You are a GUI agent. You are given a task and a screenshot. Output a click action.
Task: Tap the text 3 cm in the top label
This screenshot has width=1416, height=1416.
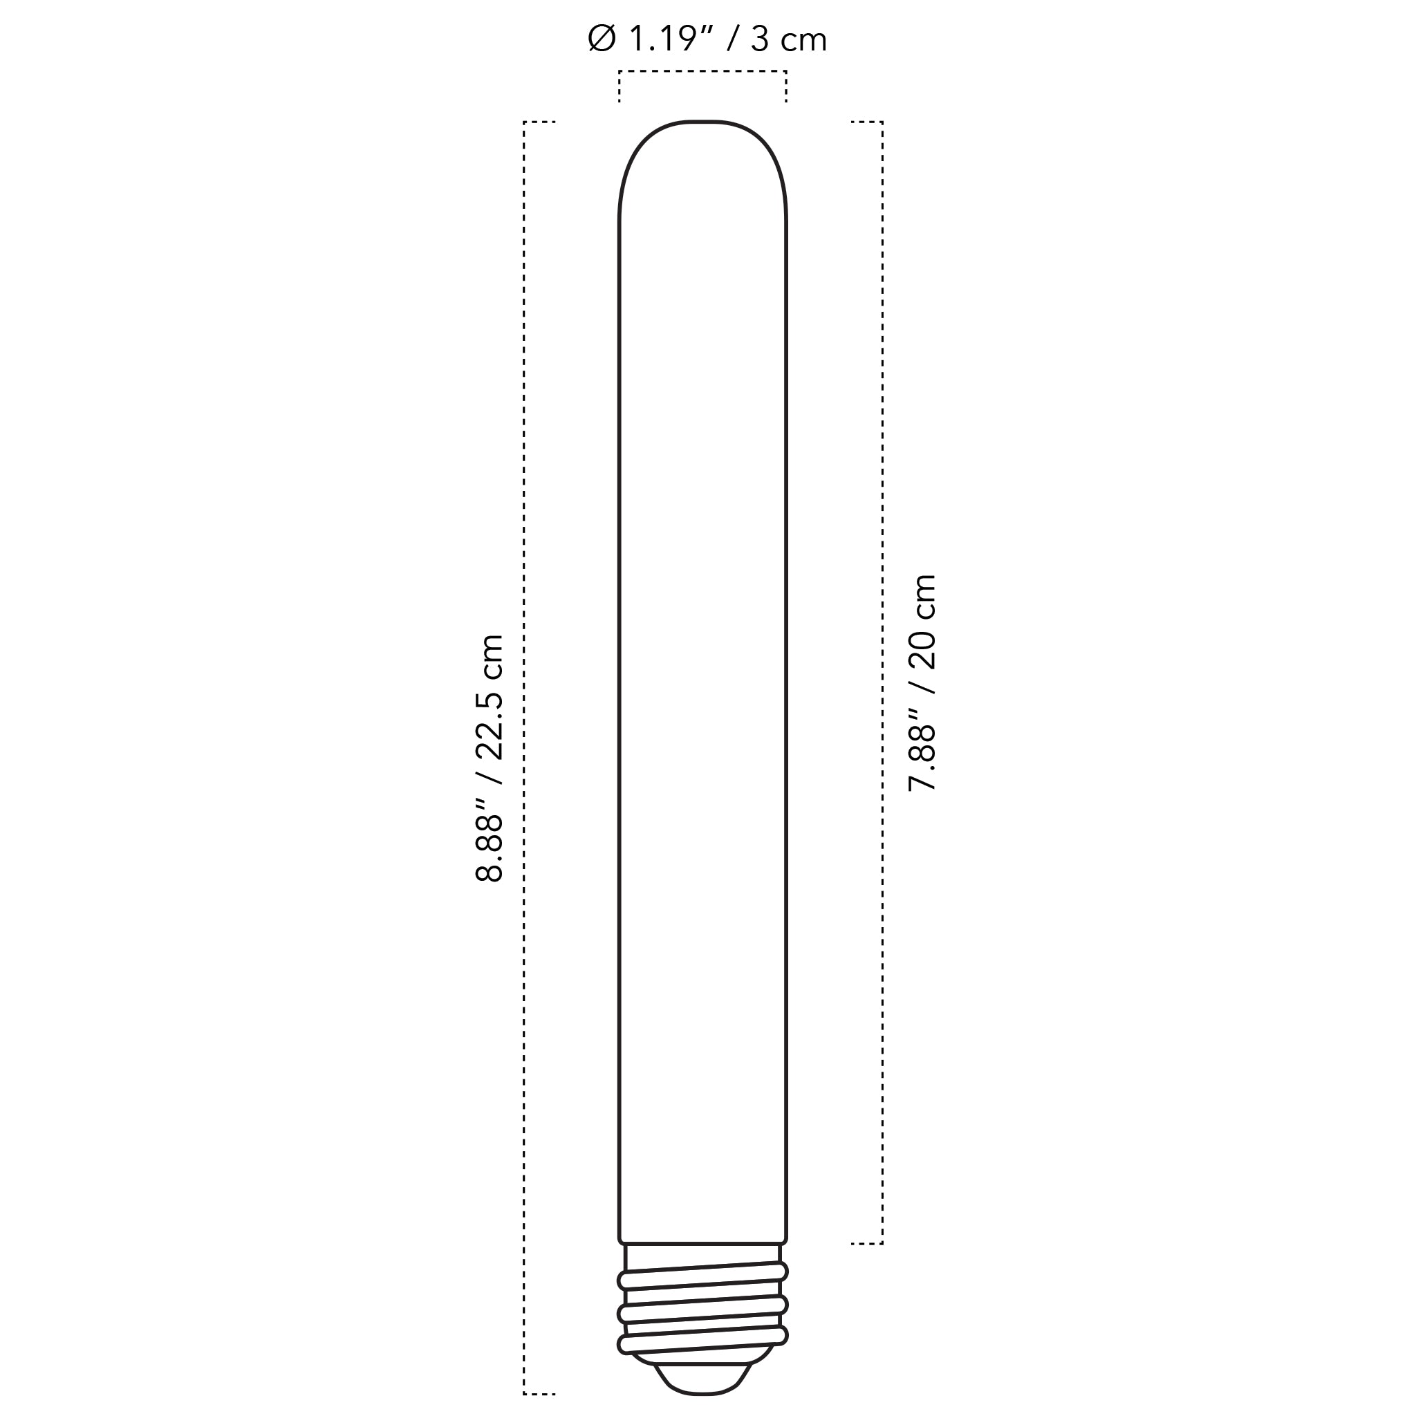coord(788,39)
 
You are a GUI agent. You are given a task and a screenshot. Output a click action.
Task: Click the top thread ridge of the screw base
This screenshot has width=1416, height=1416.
coord(702,1277)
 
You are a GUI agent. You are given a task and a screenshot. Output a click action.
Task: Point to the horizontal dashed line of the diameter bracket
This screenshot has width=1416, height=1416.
coord(702,71)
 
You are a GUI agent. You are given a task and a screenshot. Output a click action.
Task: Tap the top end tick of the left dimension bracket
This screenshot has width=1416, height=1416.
coord(540,122)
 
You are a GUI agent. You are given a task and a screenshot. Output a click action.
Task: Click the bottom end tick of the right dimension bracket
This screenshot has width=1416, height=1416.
coord(866,1244)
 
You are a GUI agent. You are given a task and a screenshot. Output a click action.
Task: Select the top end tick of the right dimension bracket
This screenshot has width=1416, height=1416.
coord(866,122)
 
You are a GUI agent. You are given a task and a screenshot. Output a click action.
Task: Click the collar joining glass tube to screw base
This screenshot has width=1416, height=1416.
coord(702,1254)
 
